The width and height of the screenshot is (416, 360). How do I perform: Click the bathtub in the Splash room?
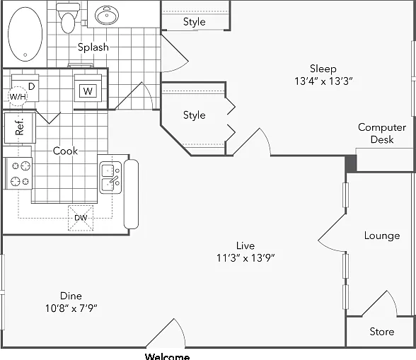coord(25,34)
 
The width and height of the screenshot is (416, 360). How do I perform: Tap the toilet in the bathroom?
coord(68,18)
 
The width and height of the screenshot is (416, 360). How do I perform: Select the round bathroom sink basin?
coord(107,16)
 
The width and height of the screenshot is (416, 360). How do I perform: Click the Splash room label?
coord(93,47)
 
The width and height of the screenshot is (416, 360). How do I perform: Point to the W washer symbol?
coord(88,91)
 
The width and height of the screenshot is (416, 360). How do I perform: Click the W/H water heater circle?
coord(18,96)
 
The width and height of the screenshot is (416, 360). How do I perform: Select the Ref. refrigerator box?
coord(20,128)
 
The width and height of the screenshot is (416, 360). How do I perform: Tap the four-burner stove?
coord(19,173)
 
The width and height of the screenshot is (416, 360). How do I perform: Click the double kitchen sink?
coord(110,178)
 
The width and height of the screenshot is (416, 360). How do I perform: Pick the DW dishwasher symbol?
coord(81,218)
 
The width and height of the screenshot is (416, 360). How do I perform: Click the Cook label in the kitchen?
coord(65,151)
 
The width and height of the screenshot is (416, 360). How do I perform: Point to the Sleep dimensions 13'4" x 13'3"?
coord(323,81)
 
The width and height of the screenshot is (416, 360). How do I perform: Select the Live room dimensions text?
coord(245,257)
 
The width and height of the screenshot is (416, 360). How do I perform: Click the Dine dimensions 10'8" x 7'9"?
coord(71,308)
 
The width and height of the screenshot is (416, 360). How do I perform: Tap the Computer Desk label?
coord(382,133)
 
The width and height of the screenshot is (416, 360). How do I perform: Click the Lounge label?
coord(382,236)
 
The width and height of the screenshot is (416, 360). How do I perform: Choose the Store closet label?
coord(382,332)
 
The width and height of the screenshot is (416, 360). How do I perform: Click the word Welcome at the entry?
coord(168,356)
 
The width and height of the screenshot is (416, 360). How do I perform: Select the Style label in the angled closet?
coord(194,115)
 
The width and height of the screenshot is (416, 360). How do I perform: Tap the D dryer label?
coord(31,86)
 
